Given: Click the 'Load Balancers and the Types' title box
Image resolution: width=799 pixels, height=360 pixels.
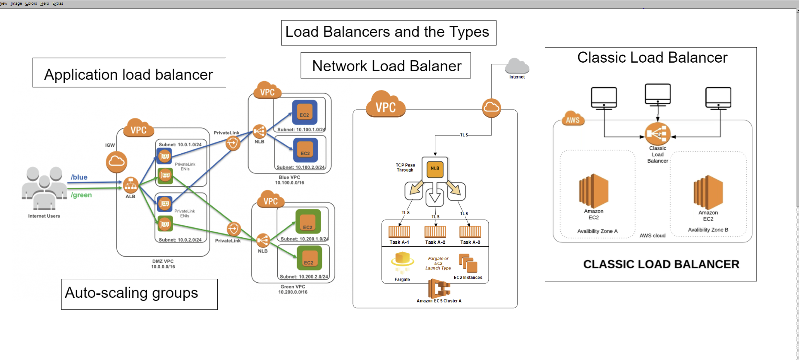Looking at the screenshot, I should coord(388,33).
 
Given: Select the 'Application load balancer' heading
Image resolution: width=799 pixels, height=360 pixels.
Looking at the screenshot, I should coord(129,74).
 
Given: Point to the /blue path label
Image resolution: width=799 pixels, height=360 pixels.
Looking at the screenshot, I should coord(79,177).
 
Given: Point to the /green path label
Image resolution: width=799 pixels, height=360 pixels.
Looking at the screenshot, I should coord(81,195).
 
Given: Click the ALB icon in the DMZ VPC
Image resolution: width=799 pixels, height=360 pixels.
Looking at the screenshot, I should coord(131,185).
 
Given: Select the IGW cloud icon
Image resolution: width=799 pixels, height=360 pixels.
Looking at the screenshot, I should coord(116,161).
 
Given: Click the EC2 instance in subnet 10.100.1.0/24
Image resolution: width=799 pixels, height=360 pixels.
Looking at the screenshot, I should coord(304,112).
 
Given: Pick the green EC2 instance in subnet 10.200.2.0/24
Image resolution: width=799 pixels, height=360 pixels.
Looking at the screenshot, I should coord(309,259).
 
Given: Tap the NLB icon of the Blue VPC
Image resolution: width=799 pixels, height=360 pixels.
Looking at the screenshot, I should coord(259,131).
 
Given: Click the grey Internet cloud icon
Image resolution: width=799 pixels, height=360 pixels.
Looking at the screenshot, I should coord(517,67).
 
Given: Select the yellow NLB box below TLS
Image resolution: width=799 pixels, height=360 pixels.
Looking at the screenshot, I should coord(435,168).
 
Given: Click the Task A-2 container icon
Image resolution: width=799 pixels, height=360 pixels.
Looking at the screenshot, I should coord(435,232).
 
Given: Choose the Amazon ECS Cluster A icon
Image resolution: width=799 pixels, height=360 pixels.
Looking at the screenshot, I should coord(439,288).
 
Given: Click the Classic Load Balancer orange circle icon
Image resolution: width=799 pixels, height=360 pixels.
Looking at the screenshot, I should coord(657,134).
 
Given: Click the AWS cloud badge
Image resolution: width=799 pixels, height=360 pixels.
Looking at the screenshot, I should coord(572,120).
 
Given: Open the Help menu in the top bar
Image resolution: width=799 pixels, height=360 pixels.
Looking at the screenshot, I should coord(45,3).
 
